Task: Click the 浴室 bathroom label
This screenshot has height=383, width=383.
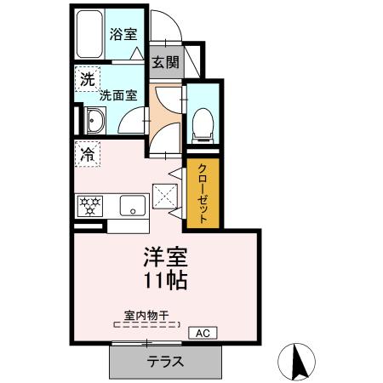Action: click(123, 34)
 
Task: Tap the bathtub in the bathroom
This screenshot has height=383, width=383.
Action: click(89, 36)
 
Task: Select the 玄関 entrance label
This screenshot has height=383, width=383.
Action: click(165, 62)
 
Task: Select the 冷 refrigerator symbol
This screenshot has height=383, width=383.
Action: click(87, 154)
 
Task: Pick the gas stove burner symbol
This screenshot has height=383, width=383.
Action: click(90, 204)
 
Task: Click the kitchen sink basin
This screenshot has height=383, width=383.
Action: click(131, 206)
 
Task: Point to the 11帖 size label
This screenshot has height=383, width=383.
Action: click(163, 279)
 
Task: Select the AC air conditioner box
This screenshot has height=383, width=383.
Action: click(203, 332)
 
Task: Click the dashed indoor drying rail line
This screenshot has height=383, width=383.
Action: click(146, 324)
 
